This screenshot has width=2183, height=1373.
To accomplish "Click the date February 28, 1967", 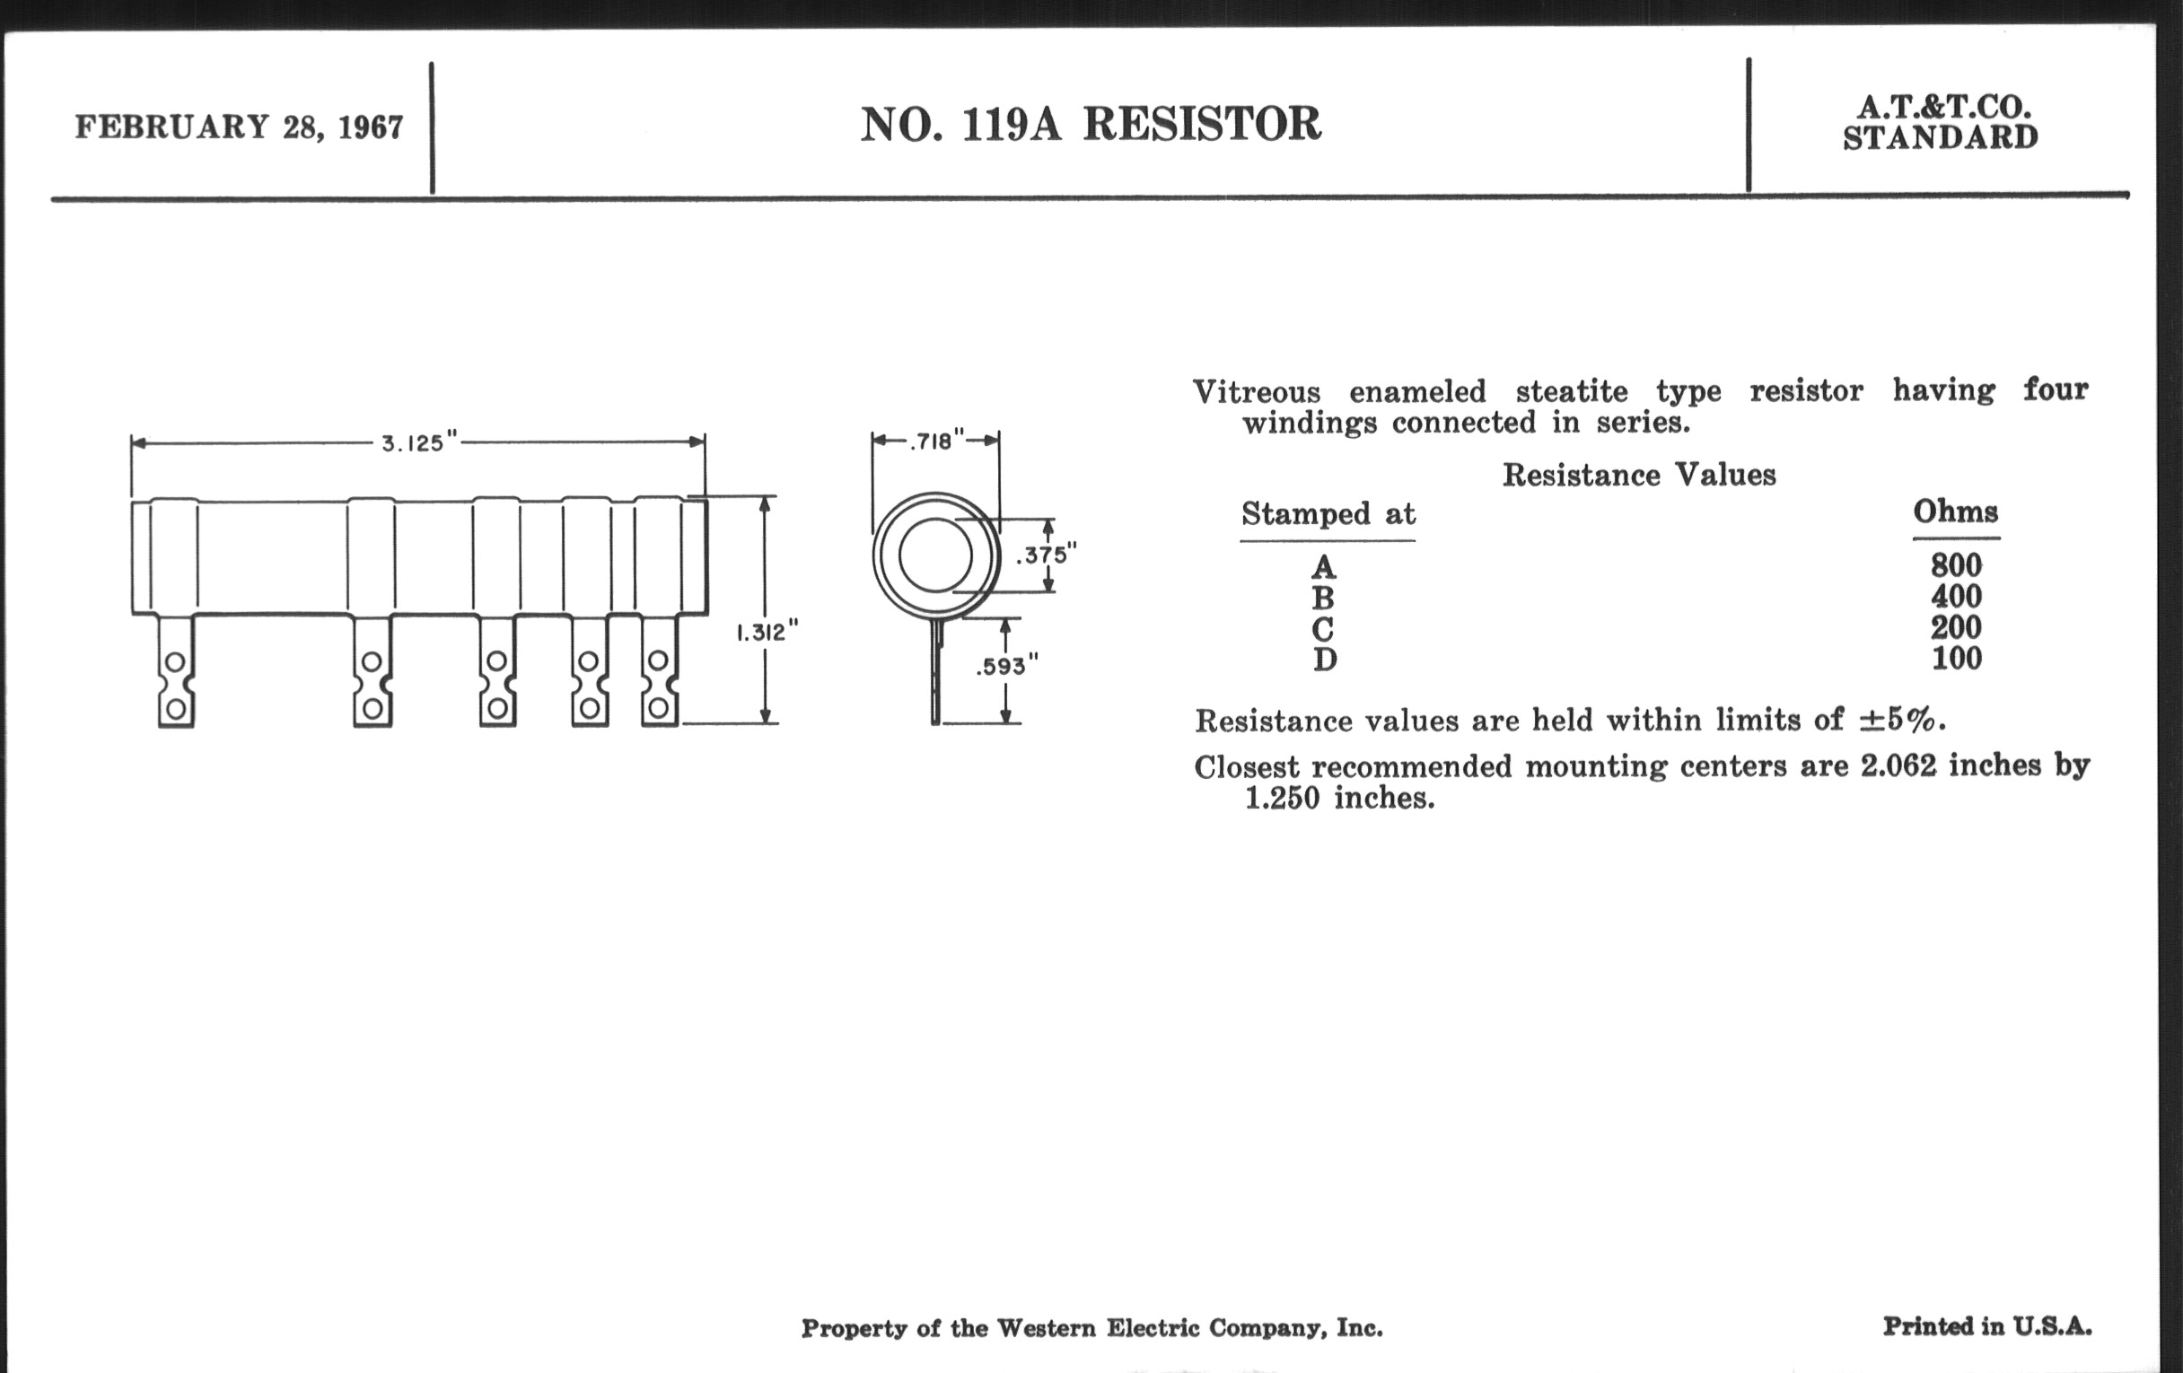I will click(x=239, y=127).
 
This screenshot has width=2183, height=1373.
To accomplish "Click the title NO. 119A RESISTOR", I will click(x=1091, y=124).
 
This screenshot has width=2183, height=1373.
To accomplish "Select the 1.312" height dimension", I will click(x=767, y=632).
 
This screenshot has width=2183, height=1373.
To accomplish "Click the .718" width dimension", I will click(x=935, y=442).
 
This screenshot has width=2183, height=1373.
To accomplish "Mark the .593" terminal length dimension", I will click(x=1006, y=667).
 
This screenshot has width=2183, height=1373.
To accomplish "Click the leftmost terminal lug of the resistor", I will click(x=176, y=671).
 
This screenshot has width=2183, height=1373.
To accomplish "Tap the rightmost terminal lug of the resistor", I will click(x=659, y=671).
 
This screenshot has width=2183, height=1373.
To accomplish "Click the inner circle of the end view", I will click(x=934, y=555).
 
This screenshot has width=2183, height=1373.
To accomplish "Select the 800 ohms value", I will click(x=1955, y=565).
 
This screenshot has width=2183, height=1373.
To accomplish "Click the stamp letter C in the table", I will click(x=1323, y=629).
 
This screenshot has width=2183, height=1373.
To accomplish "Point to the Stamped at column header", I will click(x=1328, y=515).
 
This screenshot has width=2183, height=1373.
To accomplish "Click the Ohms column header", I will click(x=1955, y=512).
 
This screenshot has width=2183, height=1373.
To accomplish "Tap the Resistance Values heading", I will click(x=1638, y=475).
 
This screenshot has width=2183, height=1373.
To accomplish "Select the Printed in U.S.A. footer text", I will click(x=1987, y=1326).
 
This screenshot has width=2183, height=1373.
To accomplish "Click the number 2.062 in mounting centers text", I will click(x=1898, y=766).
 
